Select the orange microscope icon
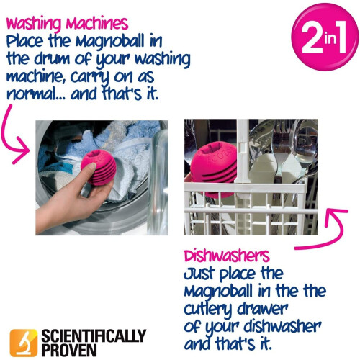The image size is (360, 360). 24,341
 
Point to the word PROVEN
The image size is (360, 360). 70,348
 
